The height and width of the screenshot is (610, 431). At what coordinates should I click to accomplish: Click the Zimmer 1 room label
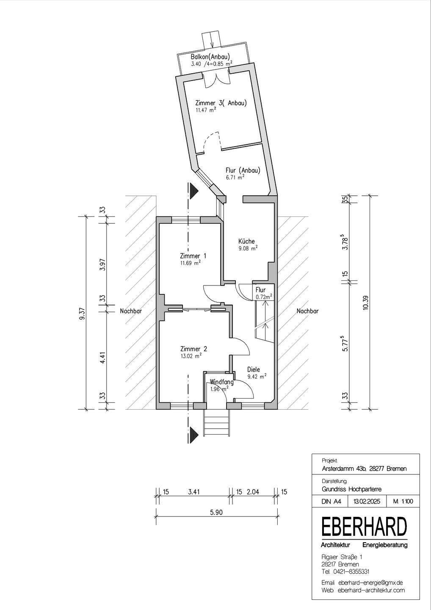pos(193,256)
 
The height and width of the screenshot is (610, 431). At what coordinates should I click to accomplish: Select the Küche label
pos(246,241)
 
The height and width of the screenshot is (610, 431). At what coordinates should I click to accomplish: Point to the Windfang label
pos(222,382)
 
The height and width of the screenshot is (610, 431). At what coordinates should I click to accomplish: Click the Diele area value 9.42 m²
pos(257,377)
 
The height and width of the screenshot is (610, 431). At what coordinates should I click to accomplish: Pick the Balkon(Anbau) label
pos(210,57)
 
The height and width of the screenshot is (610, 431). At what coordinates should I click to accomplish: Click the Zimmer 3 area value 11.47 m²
pos(206,110)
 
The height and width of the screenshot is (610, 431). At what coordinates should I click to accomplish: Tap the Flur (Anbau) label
pos(243,170)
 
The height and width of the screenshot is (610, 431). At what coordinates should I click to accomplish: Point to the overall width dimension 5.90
pos(216,513)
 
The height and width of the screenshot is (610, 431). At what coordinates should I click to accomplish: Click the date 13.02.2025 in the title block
pos(367,502)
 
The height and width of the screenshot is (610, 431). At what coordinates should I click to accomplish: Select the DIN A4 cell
pos(331,502)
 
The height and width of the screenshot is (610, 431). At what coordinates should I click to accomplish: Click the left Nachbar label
pos(131,311)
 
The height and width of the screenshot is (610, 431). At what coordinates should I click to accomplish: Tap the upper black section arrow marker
pos(194,189)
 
